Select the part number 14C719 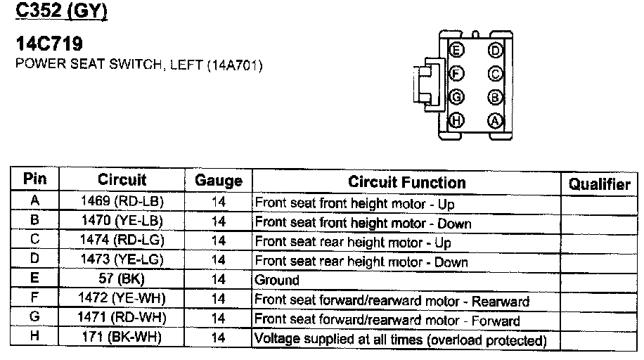49,46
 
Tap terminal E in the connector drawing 457,51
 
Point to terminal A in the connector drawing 495,120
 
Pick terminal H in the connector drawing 457,120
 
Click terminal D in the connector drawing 495,51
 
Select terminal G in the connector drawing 457,97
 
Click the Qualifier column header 599,184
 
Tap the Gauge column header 218,181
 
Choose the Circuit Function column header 406,183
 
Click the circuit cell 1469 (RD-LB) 122,202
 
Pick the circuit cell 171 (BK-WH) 122,338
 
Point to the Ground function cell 277,281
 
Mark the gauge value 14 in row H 218,339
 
